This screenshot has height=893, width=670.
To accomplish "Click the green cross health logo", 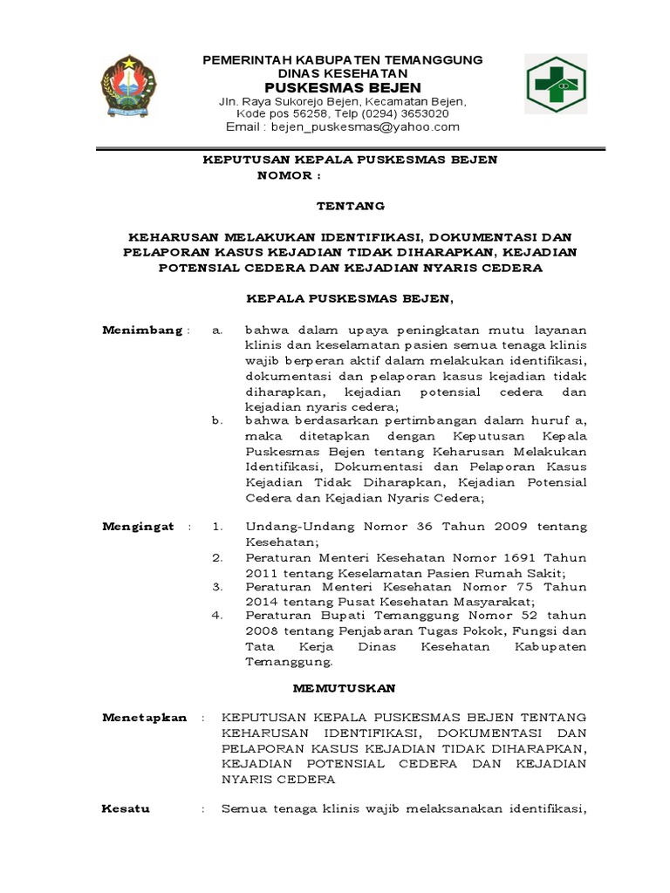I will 555,85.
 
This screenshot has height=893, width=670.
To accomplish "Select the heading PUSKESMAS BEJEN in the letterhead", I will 342,87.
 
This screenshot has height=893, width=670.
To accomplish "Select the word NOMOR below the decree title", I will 284,174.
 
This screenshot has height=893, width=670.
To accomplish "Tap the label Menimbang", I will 142,330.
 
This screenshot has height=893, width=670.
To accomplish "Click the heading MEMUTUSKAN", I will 344,688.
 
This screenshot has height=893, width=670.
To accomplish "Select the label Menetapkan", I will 144,717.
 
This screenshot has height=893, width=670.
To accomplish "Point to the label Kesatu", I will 126,808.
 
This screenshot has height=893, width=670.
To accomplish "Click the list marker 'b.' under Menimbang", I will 218,420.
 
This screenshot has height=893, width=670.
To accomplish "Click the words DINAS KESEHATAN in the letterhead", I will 342,73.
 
